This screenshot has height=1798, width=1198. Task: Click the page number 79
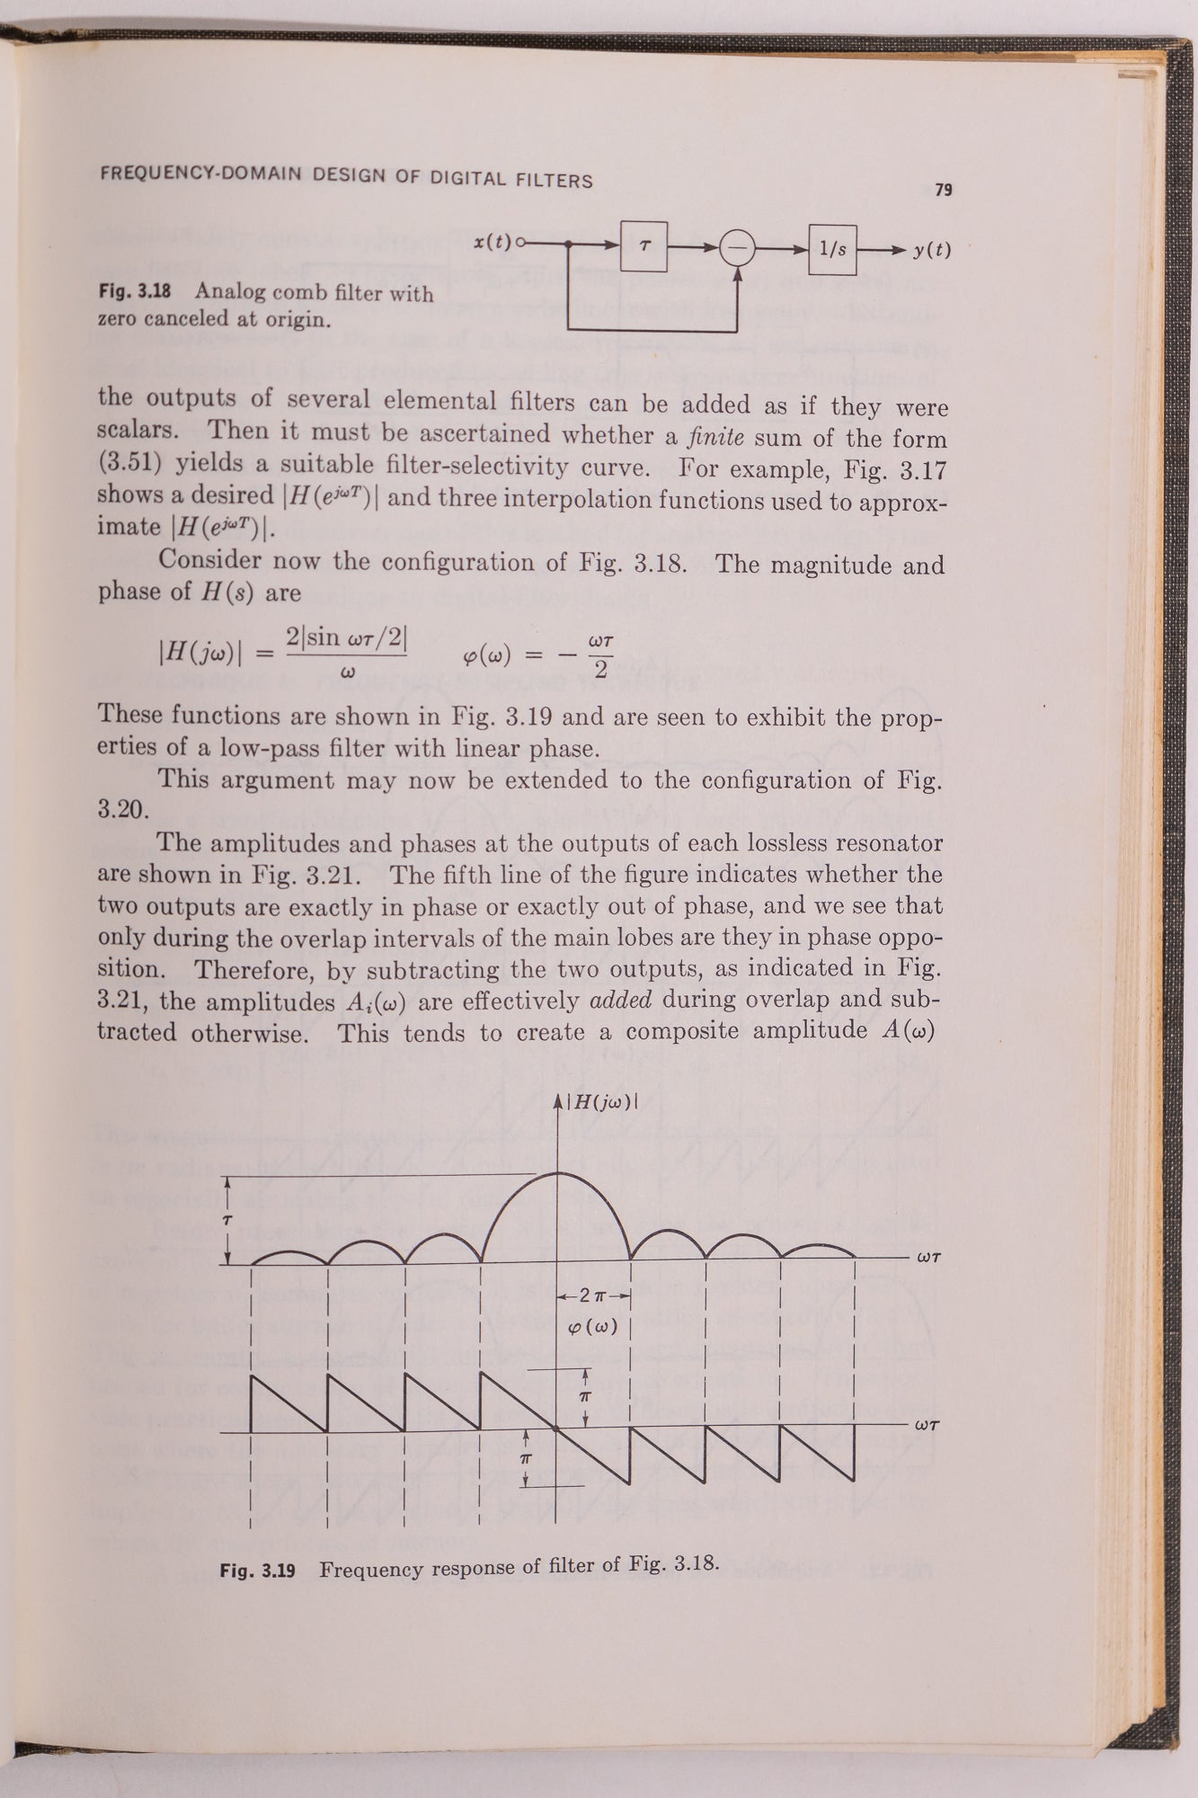(x=943, y=190)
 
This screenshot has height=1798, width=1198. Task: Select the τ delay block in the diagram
(x=643, y=245)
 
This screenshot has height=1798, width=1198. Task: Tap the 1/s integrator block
(x=832, y=249)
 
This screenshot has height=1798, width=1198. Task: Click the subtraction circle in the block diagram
(x=739, y=248)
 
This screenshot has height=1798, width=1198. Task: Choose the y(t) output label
(x=932, y=251)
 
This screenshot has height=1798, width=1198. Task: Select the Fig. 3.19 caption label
(x=258, y=1571)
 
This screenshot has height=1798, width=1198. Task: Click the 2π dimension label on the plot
(x=594, y=1295)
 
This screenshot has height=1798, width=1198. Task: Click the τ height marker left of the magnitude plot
(x=228, y=1220)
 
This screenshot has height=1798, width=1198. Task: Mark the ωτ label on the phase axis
(x=927, y=1425)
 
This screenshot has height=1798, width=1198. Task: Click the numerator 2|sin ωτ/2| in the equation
(x=346, y=638)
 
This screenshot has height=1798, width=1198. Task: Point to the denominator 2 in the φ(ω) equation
(x=601, y=670)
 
